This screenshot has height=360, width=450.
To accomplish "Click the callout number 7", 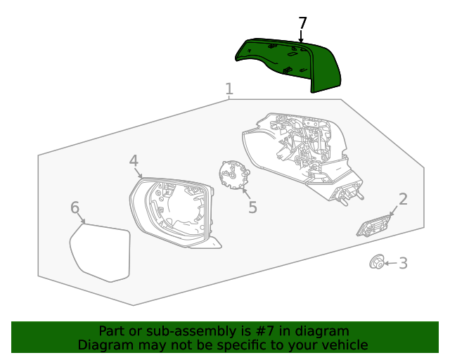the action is pyautogui.click(x=302, y=23).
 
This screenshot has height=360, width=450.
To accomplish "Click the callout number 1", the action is pyautogui.click(x=229, y=89).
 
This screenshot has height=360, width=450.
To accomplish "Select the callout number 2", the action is pyautogui.click(x=403, y=199).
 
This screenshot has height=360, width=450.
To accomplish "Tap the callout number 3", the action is pyautogui.click(x=403, y=263).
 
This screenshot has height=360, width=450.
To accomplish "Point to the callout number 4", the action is pyautogui.click(x=134, y=161).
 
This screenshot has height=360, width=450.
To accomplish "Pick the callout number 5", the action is pyautogui.click(x=252, y=207).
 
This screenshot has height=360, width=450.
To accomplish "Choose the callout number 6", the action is pyautogui.click(x=75, y=207).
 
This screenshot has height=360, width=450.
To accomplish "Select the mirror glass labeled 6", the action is pyautogui.click(x=100, y=252).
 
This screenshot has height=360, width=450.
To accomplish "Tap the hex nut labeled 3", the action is pyautogui.click(x=377, y=262).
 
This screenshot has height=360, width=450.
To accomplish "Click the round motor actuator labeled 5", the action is pyautogui.click(x=234, y=175).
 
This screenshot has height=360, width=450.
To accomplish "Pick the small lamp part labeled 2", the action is pyautogui.click(x=373, y=226).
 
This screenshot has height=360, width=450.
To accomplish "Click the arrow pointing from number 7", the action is pyautogui.click(x=301, y=37).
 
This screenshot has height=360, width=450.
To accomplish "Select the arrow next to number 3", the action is pyautogui.click(x=391, y=263).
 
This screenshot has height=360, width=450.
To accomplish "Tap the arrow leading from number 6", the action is pyautogui.click(x=82, y=218).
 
